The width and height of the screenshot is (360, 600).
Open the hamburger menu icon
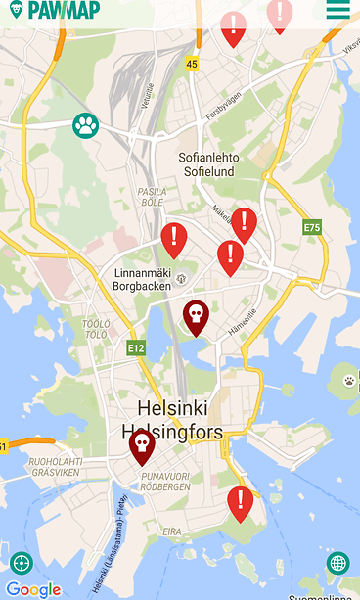point(338,10)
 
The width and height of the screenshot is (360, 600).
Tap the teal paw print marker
point(86,125)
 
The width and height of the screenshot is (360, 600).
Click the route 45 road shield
point(192,65)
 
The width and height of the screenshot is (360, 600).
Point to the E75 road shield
point(312,227)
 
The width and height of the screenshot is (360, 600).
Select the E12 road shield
point(136,347)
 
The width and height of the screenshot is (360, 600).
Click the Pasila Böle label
point(152,197)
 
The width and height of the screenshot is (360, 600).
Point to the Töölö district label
point(96,329)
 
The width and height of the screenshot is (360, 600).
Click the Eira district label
point(172,531)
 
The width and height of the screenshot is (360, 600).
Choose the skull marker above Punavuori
point(142,446)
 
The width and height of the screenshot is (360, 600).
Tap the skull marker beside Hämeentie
point(197,316)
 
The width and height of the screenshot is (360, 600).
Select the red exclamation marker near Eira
point(240,502)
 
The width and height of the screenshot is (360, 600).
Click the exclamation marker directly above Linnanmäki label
point(174,239)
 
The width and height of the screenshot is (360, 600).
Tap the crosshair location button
point(21,563)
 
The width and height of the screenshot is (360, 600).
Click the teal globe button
point(337,563)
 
